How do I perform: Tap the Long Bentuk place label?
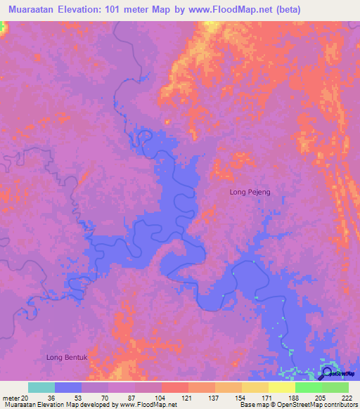[67, 358]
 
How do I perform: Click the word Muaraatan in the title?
[32, 9]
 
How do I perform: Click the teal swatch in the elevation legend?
[41, 387]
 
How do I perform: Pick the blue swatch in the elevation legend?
[68, 387]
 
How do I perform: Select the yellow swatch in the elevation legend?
[281, 387]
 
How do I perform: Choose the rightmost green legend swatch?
[335, 387]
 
